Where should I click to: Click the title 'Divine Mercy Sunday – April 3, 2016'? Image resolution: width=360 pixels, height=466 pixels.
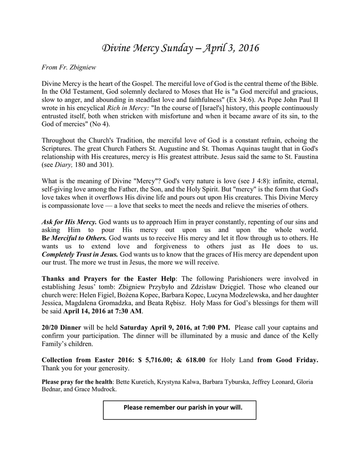pos(180,48)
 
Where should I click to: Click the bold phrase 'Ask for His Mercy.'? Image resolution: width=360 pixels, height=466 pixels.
pos(69,222)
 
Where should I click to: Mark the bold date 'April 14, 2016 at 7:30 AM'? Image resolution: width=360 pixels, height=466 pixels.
pos(103,312)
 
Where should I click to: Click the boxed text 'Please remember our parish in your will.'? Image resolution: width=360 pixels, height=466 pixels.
pos(180,408)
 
